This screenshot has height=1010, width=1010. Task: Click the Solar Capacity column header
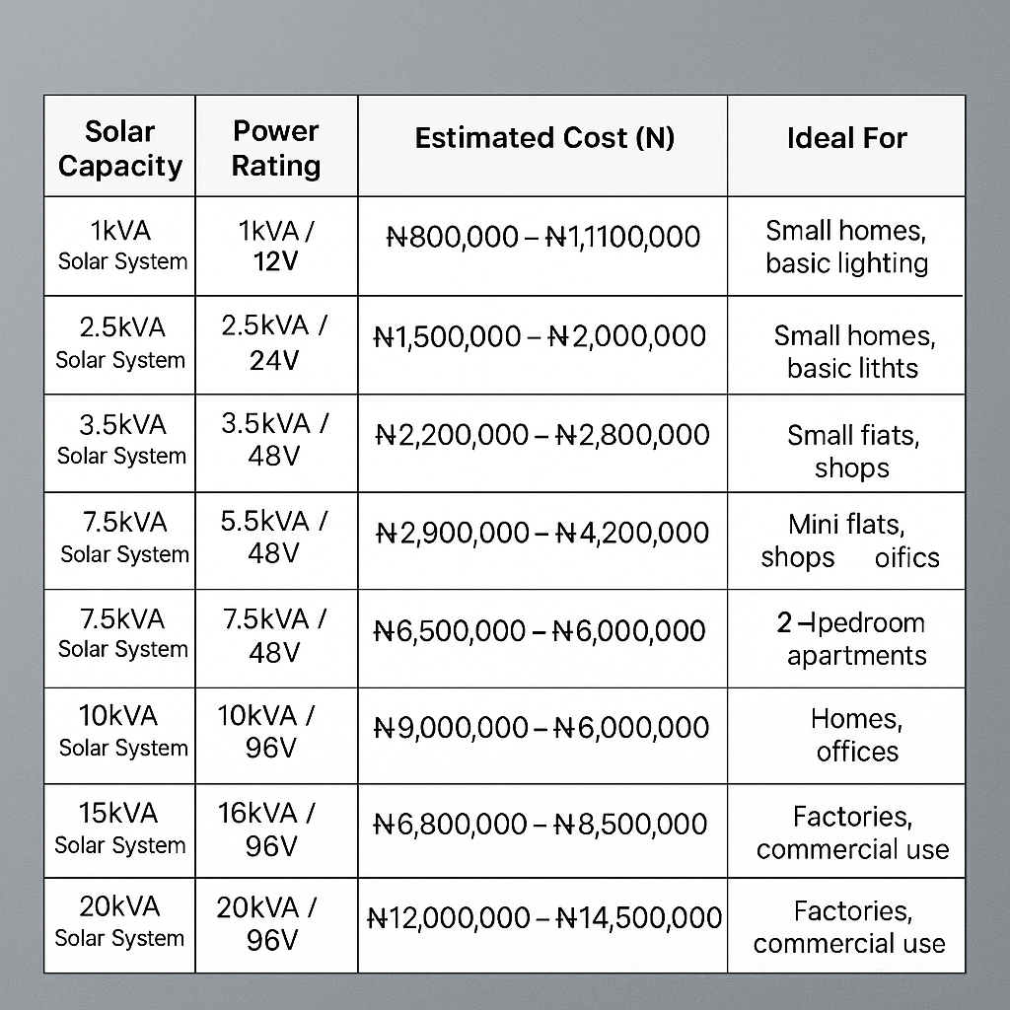tap(120, 149)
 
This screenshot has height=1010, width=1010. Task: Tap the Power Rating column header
tap(276, 149)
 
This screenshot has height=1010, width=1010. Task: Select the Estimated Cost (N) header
tap(544, 138)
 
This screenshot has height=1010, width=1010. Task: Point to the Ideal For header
tap(846, 139)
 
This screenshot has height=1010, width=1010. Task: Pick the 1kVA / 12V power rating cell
tap(276, 246)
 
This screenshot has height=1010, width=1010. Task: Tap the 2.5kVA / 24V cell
tap(275, 343)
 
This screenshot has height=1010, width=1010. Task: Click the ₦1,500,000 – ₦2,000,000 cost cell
tap(541, 336)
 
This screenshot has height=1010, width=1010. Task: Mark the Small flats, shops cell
tap(852, 451)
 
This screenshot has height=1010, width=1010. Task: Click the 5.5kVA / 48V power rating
tap(274, 537)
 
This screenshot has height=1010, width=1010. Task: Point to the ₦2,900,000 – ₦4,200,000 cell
tap(542, 533)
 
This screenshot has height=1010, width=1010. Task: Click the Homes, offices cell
tap(856, 735)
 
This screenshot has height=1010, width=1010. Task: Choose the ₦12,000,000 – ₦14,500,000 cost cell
tap(543, 918)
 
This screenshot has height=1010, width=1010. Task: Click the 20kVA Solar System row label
tap(119, 921)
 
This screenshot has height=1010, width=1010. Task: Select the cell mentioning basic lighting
tap(846, 248)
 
